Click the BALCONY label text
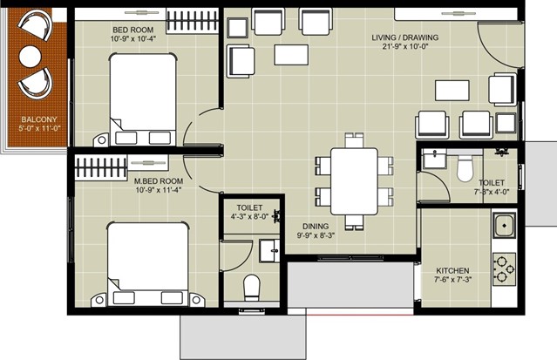pyautogui.click(x=39, y=119)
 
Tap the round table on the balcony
pyautogui.click(x=31, y=57)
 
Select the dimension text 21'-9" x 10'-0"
pyautogui.click(x=405, y=46)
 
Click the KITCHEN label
pyautogui.click(x=452, y=271)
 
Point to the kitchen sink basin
pyautogui.click(x=504, y=225)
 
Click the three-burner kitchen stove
pyautogui.click(x=505, y=269)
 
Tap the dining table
pyautogui.click(x=354, y=181)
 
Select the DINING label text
pyautogui.click(x=316, y=227)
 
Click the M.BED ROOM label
pyautogui.click(x=159, y=181)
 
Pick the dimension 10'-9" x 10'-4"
pyautogui.click(x=133, y=38)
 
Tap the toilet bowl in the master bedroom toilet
pyautogui.click(x=252, y=287)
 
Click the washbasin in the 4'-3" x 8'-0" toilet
pyautogui.click(x=268, y=251)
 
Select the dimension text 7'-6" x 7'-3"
pyautogui.click(x=452, y=280)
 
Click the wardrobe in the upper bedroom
pyautogui.click(x=192, y=21)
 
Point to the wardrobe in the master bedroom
pyautogui.click(x=101, y=167)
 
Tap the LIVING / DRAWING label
pyautogui.click(x=405, y=37)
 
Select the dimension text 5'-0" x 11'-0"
pyautogui.click(x=39, y=128)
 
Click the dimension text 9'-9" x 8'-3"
pyautogui.click(x=316, y=235)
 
